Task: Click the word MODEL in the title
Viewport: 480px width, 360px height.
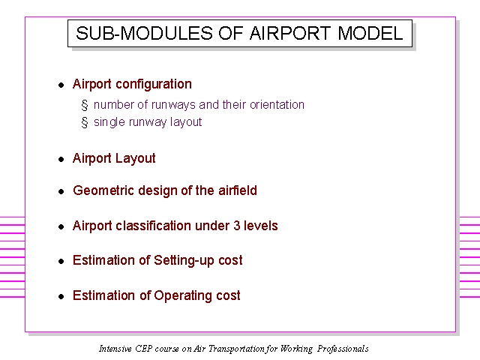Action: click(370, 33)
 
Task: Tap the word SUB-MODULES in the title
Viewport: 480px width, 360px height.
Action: click(144, 33)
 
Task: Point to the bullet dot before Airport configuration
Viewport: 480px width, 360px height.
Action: click(61, 85)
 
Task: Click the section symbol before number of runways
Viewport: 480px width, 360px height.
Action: click(85, 105)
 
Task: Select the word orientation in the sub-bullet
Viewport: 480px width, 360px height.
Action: click(277, 105)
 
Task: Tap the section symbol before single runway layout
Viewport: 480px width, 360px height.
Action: click(85, 122)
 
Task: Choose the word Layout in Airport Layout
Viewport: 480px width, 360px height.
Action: click(135, 159)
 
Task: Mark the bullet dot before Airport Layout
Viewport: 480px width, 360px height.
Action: click(61, 159)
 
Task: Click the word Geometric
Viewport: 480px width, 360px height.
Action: click(103, 190)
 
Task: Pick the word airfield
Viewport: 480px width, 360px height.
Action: click(238, 190)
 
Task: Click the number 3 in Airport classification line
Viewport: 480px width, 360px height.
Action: click(237, 226)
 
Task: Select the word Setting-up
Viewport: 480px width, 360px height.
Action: click(183, 261)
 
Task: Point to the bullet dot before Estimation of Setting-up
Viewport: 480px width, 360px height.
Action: click(61, 261)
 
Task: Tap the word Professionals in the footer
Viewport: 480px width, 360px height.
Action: click(343, 349)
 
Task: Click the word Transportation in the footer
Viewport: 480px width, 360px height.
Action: click(236, 349)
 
